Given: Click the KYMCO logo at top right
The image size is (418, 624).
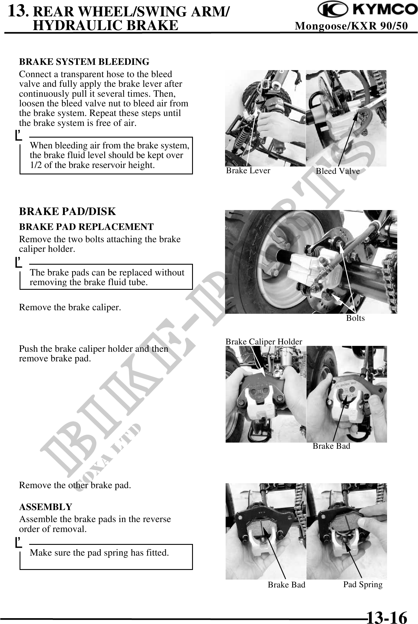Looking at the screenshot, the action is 368,10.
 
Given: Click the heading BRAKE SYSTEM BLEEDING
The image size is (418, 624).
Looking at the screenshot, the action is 84,62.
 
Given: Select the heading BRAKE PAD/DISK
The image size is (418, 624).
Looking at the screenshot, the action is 67,212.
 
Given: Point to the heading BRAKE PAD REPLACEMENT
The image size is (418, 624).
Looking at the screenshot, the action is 86,227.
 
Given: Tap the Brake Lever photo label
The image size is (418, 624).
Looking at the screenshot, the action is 248,171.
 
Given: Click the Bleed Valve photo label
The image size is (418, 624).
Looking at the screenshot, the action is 338,171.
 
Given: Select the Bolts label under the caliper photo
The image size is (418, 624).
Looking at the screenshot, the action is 355,318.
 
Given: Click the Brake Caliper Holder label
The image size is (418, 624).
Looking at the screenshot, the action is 264,342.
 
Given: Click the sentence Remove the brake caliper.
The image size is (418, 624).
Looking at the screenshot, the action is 70,307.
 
